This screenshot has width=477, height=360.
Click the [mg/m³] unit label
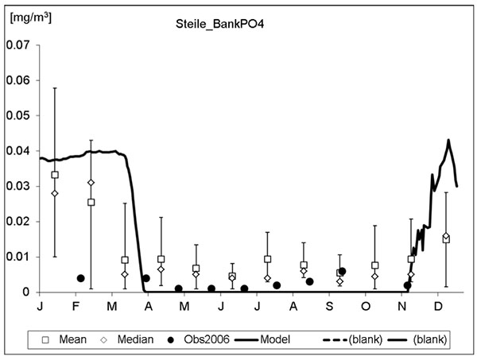(30, 15)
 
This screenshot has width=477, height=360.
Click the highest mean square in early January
(55, 175)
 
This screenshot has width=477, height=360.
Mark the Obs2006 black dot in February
(80, 278)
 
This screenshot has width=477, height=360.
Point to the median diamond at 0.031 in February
(91, 183)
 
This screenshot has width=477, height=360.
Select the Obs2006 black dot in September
(342, 271)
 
